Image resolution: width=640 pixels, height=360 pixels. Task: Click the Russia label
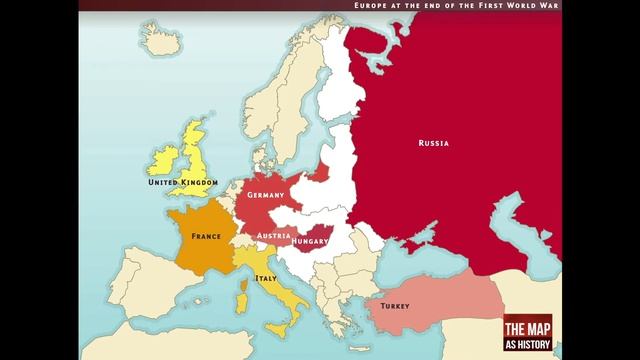(x=433, y=143)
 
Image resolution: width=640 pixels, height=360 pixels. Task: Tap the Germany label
(x=266, y=194)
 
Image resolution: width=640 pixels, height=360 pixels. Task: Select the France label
(x=206, y=236)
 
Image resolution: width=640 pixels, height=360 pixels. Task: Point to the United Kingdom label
(x=182, y=183)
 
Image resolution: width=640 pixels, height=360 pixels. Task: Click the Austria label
(x=273, y=236)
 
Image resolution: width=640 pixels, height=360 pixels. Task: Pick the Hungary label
(x=310, y=241)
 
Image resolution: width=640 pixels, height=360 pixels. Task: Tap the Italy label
(x=266, y=278)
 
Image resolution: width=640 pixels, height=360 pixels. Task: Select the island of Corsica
(x=246, y=281)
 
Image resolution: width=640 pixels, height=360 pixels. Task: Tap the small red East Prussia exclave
(x=319, y=176)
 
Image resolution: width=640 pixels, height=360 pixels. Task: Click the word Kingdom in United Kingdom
(x=199, y=183)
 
